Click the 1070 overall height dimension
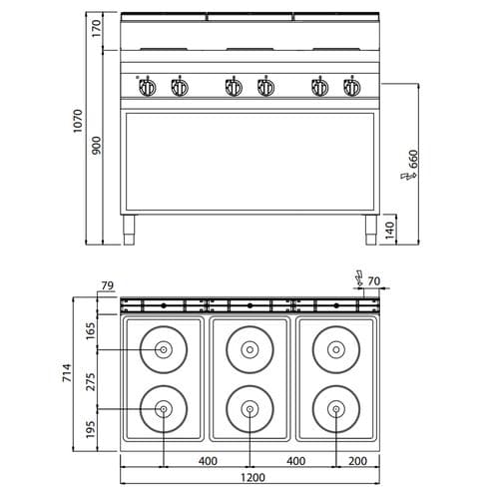(78, 121)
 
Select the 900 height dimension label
(96, 145)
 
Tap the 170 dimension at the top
(96, 28)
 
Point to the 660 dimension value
(413, 159)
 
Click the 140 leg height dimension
(389, 231)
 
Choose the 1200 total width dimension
(252, 477)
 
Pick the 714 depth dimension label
(67, 372)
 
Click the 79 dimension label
(107, 285)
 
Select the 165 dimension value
(91, 330)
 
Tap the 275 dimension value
(91, 382)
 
